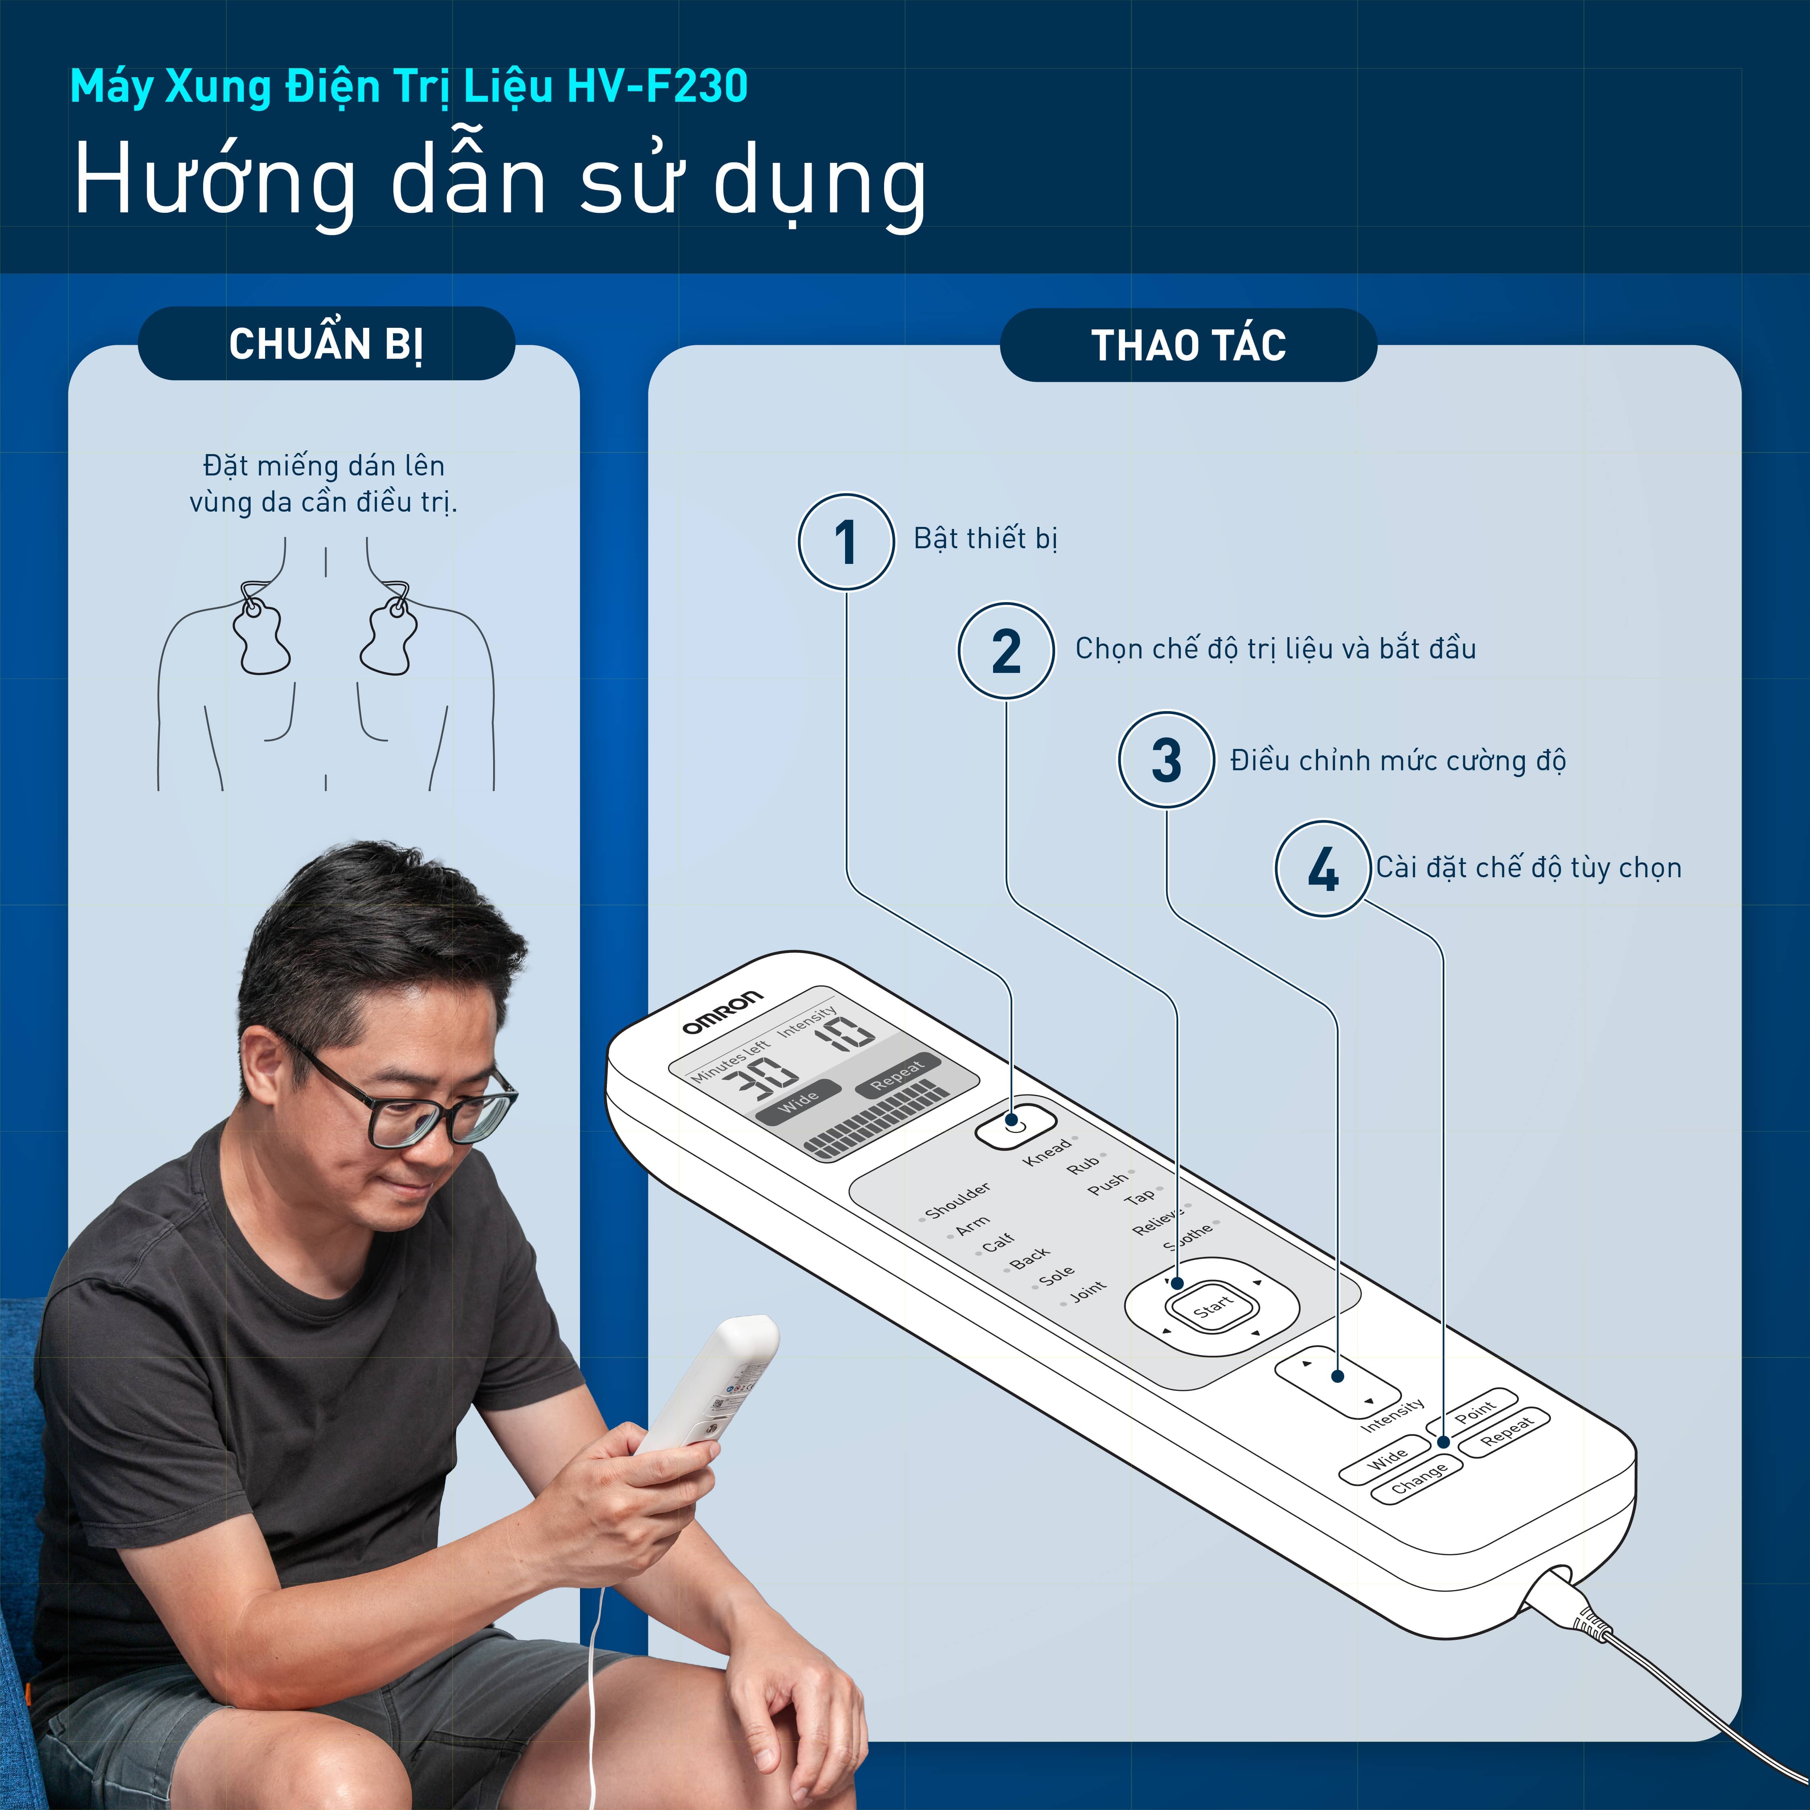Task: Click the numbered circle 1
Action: click(x=846, y=541)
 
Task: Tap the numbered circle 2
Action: click(x=1006, y=650)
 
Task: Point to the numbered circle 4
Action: click(x=1323, y=868)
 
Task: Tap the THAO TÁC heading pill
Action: click(x=1188, y=345)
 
